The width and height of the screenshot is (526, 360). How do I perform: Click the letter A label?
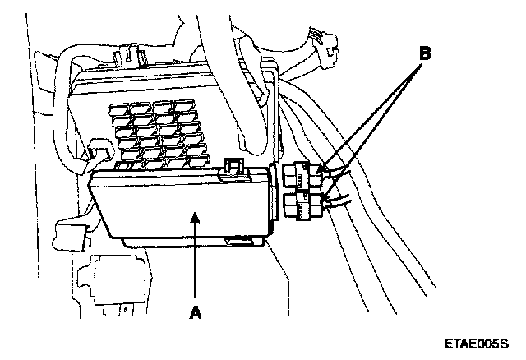[x=195, y=312]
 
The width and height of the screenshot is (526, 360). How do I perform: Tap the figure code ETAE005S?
[x=476, y=344]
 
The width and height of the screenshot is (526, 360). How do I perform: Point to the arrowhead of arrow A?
[x=195, y=215]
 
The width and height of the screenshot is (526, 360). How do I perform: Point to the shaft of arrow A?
[x=195, y=263]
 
